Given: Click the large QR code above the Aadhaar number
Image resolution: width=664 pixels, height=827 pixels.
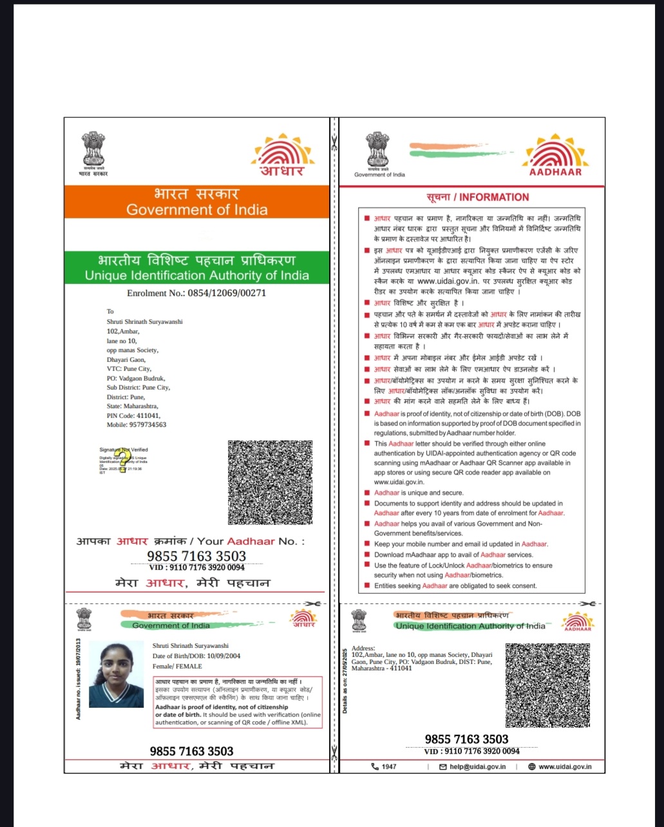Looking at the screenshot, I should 270,482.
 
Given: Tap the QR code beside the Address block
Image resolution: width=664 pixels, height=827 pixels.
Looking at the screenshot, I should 547,685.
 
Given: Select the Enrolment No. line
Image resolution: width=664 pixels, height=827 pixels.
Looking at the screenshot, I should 196,293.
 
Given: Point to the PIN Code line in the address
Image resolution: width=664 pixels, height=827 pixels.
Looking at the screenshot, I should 133,415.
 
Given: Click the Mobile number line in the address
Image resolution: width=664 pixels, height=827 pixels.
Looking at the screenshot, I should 137,425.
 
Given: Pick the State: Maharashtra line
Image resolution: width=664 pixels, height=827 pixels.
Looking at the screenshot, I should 132,406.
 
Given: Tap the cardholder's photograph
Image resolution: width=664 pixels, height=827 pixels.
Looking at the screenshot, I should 117,674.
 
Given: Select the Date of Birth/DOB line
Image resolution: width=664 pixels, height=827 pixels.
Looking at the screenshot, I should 196,656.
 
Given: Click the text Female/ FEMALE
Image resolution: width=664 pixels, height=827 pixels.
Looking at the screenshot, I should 177,667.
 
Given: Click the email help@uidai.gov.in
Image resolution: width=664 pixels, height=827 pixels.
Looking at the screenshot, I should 477,767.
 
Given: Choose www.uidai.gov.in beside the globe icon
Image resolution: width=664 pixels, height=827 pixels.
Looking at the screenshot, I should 564,767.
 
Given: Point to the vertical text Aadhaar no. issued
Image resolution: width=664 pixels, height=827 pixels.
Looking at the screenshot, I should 79,679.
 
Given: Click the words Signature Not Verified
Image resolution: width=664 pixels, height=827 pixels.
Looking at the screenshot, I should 124,450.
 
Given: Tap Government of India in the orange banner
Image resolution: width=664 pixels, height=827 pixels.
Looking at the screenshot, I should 196,209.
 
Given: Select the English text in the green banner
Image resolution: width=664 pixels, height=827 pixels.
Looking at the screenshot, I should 196,276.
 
